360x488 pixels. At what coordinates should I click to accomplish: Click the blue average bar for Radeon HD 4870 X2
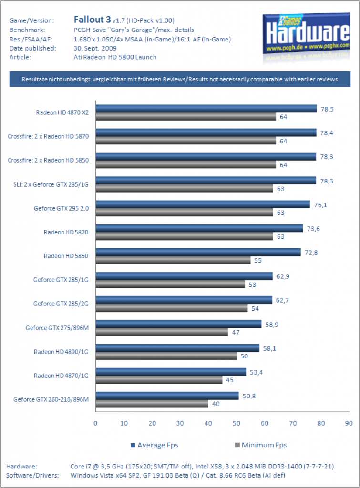pos(206,109)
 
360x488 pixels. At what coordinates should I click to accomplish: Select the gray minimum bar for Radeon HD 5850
pos(173,261)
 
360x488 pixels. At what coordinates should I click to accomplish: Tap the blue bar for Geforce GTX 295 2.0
pos(203,204)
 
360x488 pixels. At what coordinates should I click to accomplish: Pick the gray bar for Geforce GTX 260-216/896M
pos(152,404)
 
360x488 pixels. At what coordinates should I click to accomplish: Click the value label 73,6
pos(313,229)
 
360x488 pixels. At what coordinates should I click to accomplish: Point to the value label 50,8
pos(249,396)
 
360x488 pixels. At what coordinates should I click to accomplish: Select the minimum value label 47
pos(236,332)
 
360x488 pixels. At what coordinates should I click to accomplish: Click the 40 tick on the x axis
pos(208,423)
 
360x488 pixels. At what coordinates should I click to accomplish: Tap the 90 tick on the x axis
pos(349,423)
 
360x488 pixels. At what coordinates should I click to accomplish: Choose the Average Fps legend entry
pos(154,446)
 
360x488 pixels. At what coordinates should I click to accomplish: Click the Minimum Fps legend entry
pos(261,446)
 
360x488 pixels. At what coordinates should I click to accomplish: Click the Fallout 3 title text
pos(92,20)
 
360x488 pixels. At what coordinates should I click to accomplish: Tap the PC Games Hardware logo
pos(307,34)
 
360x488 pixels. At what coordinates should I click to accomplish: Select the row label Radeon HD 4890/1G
pos(61,352)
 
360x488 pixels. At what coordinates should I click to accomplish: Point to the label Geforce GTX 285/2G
pos(61,304)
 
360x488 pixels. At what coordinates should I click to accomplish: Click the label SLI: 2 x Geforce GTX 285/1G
pos(51,184)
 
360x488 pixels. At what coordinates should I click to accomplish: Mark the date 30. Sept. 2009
pos(95,48)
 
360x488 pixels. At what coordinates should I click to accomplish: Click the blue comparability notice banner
pos(180,80)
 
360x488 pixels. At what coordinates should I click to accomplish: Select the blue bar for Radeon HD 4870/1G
pos(171,372)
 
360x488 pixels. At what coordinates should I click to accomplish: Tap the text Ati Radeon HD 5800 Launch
pos(115,57)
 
